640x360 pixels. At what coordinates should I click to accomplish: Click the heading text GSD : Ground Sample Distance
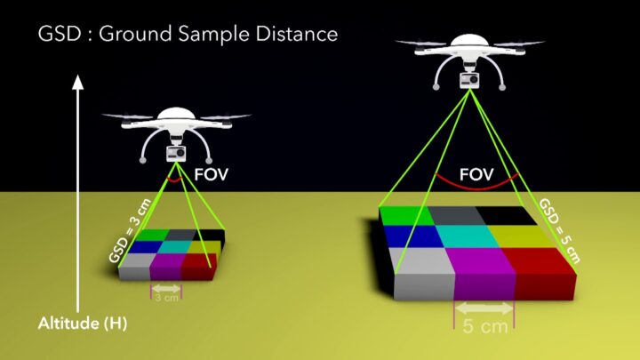pyautogui.click(x=188, y=35)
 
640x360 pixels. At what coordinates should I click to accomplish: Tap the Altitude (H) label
pyautogui.click(x=83, y=324)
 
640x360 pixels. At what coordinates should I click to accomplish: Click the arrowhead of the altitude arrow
pyautogui.click(x=77, y=84)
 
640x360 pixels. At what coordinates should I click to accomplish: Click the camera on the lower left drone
pyautogui.click(x=175, y=153)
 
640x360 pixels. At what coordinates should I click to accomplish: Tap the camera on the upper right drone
pyautogui.click(x=464, y=81)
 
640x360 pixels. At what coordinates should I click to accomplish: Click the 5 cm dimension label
pyautogui.click(x=485, y=325)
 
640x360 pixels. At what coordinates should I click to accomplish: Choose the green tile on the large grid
pyautogui.click(x=406, y=214)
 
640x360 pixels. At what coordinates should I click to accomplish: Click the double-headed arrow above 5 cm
pyautogui.click(x=484, y=308)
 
